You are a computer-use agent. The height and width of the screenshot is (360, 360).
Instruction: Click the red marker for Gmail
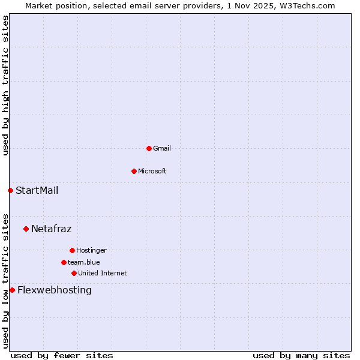149,148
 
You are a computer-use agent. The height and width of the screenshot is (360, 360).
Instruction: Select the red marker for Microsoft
134,171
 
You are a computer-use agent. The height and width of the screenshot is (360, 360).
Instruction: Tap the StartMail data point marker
10,190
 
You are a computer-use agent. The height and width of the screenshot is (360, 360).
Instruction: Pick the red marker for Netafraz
26,229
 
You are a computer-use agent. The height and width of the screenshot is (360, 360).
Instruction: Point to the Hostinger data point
72,250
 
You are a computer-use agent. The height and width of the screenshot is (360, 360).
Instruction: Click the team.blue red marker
64,262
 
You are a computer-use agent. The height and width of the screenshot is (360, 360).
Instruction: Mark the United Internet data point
74,273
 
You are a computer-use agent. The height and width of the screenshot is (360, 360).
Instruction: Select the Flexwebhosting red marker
12,290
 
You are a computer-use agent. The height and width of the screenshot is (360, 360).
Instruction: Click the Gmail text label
162,148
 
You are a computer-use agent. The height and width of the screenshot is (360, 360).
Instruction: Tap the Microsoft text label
152,171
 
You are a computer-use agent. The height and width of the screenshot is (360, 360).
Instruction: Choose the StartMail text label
37,190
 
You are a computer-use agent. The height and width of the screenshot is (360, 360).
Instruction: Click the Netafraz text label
51,229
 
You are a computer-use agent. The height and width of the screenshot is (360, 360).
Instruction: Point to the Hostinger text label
91,250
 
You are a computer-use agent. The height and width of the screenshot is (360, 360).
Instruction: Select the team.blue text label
83,262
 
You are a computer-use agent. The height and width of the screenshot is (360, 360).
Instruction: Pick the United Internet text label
102,273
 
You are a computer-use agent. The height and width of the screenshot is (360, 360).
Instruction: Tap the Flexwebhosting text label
55,290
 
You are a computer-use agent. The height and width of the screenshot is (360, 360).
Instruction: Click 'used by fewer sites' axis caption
62,355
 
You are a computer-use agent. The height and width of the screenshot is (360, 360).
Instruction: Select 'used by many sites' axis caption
301,355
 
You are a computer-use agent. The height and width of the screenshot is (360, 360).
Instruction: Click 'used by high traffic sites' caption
5,85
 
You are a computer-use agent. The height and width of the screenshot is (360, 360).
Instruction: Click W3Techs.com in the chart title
306,5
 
